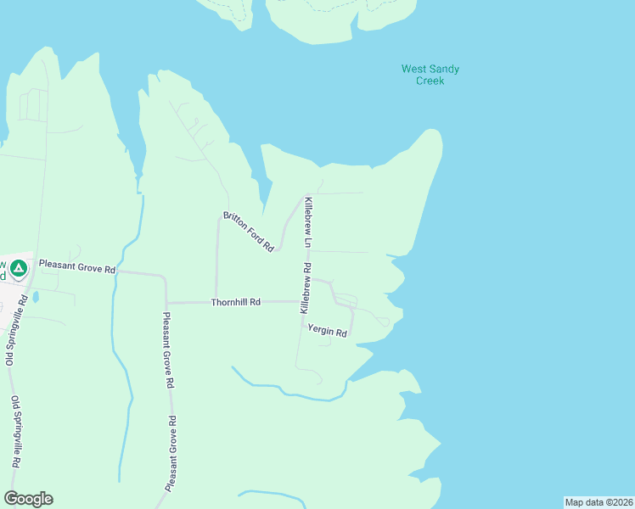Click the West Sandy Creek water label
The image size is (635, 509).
(430, 75)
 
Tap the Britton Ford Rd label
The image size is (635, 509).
(248, 231)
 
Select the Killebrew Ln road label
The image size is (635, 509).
(309, 222)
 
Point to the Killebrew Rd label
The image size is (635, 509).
(306, 288)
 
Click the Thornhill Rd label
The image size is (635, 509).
(236, 302)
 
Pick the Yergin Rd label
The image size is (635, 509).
(328, 331)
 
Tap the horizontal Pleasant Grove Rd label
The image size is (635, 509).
(76, 268)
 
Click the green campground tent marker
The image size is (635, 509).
(19, 268)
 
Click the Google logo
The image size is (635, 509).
(28, 499)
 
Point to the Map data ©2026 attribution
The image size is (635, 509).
(599, 501)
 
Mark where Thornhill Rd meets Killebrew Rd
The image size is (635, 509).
(301, 302)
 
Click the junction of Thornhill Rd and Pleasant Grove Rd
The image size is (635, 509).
(166, 302)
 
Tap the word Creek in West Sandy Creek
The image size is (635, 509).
(430, 81)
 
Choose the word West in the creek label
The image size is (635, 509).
(413, 69)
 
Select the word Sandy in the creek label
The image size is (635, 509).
(443, 69)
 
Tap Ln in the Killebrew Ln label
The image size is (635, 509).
(310, 242)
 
